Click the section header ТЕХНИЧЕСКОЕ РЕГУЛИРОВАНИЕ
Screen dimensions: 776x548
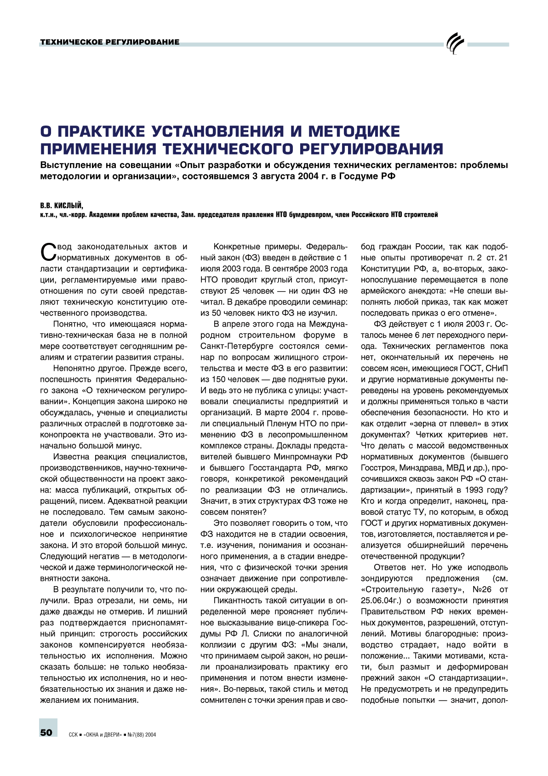pyautogui.click(x=109, y=42)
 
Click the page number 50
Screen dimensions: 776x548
pyautogui.click(x=46, y=733)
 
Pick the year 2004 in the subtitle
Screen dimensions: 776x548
pyautogui.click(x=308, y=176)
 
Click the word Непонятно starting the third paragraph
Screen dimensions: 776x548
pyautogui.click(x=73, y=368)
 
